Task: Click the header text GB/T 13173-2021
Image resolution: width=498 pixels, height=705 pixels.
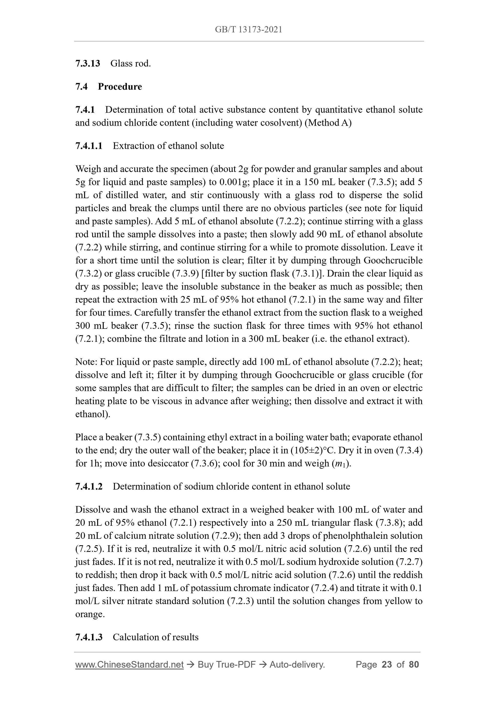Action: pyautogui.click(x=248, y=30)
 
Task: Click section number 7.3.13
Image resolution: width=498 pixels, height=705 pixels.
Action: pyautogui.click(x=88, y=64)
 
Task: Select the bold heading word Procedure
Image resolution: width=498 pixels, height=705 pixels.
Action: pyautogui.click(x=120, y=87)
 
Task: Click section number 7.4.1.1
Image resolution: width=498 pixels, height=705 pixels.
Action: pyautogui.click(x=89, y=146)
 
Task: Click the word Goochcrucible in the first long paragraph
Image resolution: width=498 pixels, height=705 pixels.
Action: pyautogui.click(x=393, y=260)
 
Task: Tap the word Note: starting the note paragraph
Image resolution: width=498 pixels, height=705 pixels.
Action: pyautogui.click(x=86, y=362)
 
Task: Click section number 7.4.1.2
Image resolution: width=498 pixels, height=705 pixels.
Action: pyautogui.click(x=89, y=487)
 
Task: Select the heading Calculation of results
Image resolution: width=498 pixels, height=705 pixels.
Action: pyautogui.click(x=156, y=637)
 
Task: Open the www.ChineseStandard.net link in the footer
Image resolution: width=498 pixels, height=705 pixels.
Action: pyautogui.click(x=129, y=665)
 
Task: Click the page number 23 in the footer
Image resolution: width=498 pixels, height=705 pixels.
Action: pyautogui.click(x=387, y=665)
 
